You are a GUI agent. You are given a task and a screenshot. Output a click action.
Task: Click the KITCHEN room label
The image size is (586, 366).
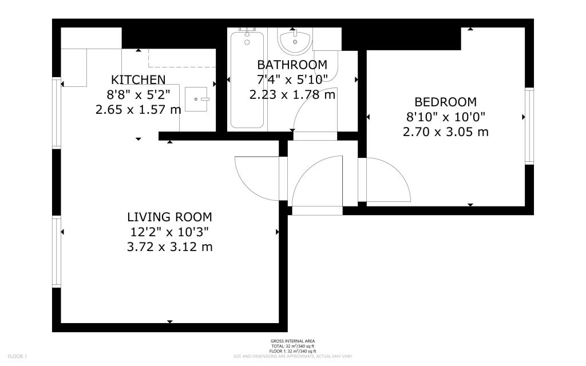[x=138, y=79]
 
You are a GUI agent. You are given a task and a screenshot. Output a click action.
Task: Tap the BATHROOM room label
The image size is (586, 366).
[x=292, y=65]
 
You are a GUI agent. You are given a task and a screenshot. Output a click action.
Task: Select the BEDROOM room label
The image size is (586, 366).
[x=445, y=102]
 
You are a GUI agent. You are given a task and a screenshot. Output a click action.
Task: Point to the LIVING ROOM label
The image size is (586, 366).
[x=169, y=217]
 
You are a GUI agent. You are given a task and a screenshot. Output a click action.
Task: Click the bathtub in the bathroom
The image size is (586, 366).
[x=247, y=80]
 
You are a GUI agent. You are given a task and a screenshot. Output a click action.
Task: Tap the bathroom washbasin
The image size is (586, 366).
[x=295, y=41]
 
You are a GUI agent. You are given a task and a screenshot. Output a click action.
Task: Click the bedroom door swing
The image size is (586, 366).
[x=386, y=180]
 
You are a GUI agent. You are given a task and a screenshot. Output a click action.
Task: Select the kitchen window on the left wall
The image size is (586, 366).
[x=56, y=113]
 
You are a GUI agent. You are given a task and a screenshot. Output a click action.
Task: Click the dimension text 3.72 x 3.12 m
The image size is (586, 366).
[x=169, y=247]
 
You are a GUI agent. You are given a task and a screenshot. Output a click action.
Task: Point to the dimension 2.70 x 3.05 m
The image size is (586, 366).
[x=445, y=132]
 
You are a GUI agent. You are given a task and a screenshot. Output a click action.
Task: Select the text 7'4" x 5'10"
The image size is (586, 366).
[x=292, y=79]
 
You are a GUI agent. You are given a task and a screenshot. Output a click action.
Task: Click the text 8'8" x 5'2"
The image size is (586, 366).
[x=138, y=94]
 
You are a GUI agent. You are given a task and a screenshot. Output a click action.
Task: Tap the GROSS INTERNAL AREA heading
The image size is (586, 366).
[x=292, y=341]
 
